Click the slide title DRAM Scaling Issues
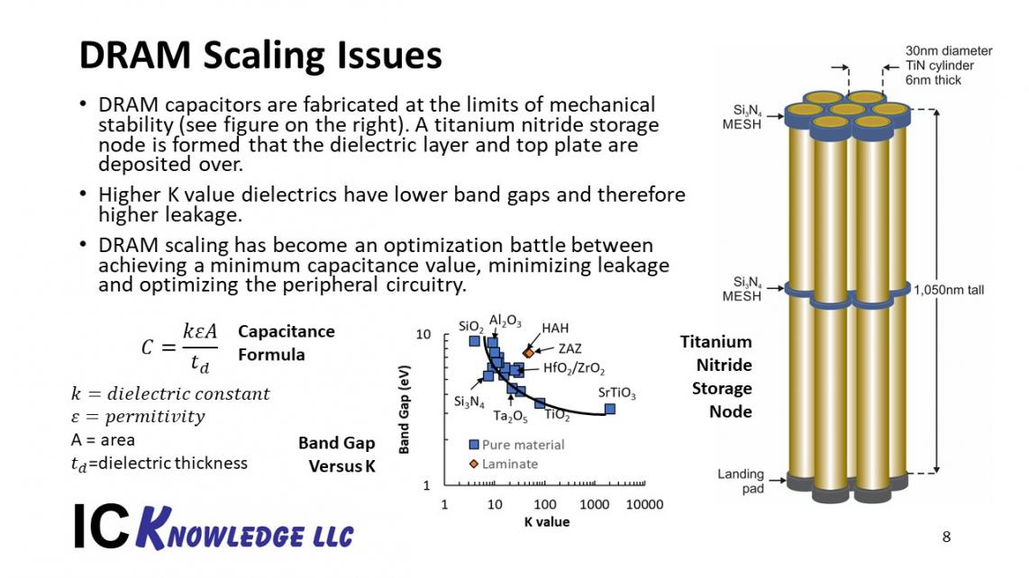point(260,56)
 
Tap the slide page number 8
point(946,537)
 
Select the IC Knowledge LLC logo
point(214,528)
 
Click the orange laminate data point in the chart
point(529,353)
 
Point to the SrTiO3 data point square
point(610,409)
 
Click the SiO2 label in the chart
point(471,327)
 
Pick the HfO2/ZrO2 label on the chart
point(574,368)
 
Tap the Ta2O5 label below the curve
point(510,417)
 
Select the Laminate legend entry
point(504,464)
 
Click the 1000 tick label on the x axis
point(594,504)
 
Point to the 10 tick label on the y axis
point(423,335)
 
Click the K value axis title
point(547,522)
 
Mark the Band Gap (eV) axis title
point(405,410)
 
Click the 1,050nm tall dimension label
point(949,290)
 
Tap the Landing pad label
point(741,481)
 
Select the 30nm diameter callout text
point(949,51)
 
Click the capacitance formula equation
point(179,347)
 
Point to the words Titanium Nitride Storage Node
point(716,376)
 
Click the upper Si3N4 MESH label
point(742,117)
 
